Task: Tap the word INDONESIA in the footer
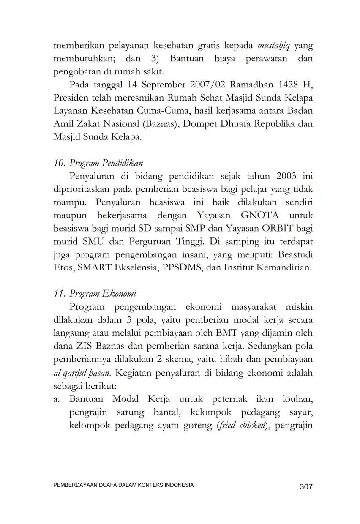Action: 177,485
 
